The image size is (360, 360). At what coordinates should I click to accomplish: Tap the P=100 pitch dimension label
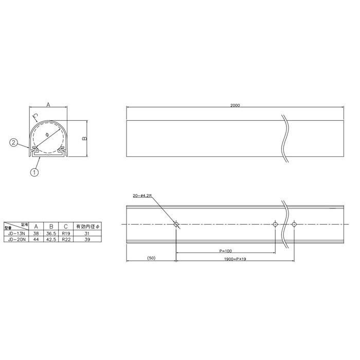point(225,250)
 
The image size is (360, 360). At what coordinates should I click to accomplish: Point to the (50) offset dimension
point(151,257)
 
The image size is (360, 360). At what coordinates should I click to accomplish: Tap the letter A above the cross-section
point(48,104)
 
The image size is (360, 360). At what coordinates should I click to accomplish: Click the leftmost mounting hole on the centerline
point(176,224)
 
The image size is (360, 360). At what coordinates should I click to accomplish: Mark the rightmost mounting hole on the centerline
point(294,224)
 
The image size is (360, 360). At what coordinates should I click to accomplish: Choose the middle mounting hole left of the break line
point(275,224)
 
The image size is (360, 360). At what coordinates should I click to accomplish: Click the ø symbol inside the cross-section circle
point(47,135)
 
